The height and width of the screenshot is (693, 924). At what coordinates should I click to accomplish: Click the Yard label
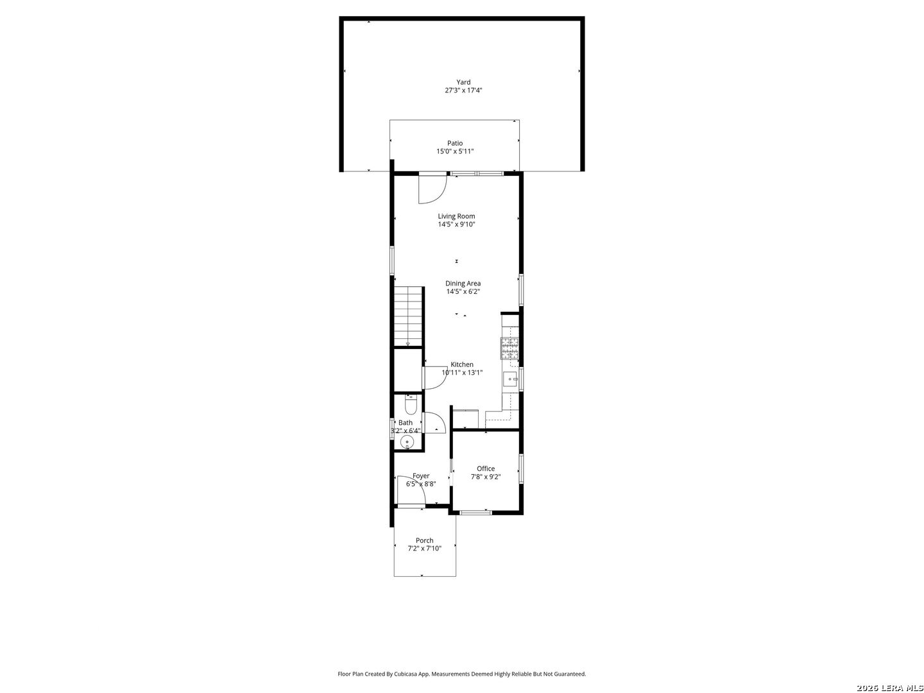click(x=463, y=82)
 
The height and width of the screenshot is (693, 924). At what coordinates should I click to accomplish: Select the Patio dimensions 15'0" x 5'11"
click(x=455, y=151)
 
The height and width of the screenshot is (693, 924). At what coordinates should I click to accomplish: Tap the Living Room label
click(x=456, y=216)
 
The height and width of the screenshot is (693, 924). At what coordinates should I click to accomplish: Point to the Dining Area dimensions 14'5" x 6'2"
click(x=463, y=291)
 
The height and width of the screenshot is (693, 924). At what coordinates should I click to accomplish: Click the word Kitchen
click(x=462, y=364)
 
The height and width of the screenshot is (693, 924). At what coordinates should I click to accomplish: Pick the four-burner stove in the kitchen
click(x=509, y=348)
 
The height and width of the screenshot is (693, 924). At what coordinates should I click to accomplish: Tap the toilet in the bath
click(x=410, y=405)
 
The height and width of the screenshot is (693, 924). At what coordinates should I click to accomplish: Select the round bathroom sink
click(x=407, y=442)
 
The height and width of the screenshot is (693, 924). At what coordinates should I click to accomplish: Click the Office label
click(x=485, y=468)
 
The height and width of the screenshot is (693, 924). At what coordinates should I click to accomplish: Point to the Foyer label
click(x=420, y=476)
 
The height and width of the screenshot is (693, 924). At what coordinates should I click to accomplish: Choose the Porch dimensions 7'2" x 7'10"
click(x=424, y=548)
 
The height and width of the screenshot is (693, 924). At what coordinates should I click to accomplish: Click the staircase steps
click(x=408, y=316)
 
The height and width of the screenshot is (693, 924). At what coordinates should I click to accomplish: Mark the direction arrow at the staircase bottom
click(x=407, y=344)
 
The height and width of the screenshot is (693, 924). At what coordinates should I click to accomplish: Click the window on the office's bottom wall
click(x=475, y=512)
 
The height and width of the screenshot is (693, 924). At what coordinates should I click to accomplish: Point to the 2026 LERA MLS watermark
click(x=889, y=688)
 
